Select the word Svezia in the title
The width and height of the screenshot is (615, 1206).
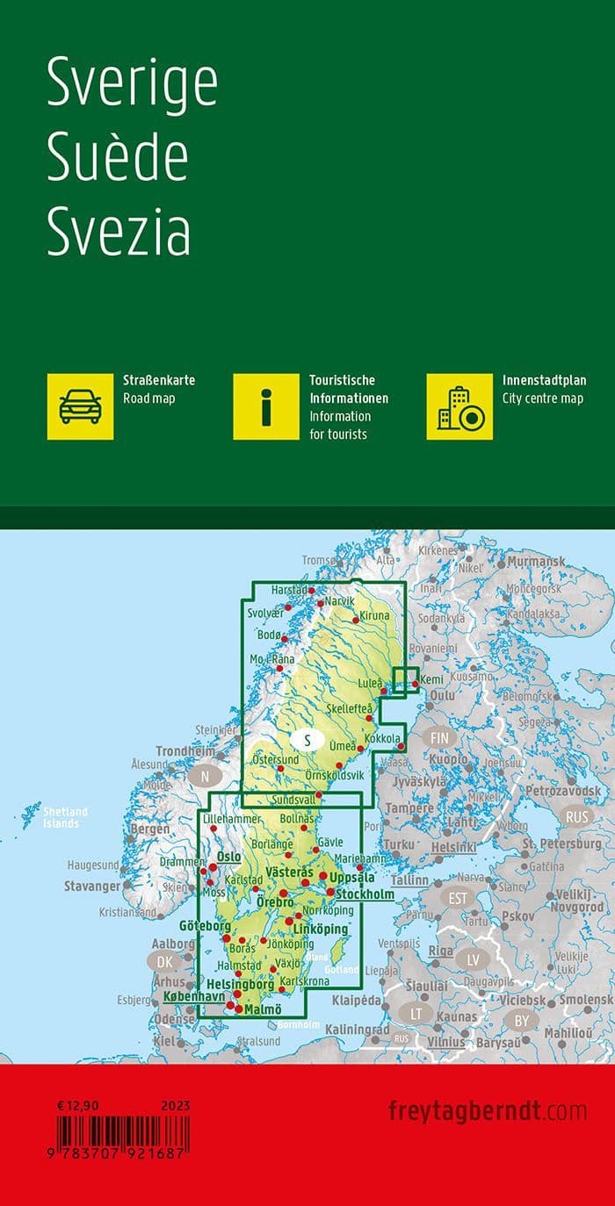pyautogui.click(x=119, y=231)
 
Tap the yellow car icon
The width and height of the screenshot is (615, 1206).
pyautogui.click(x=80, y=406)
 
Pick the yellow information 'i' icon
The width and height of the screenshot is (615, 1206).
pyautogui.click(x=266, y=406)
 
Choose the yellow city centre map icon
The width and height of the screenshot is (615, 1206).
pyautogui.click(x=459, y=406)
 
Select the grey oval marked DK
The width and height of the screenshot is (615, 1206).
pyautogui.click(x=163, y=962)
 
